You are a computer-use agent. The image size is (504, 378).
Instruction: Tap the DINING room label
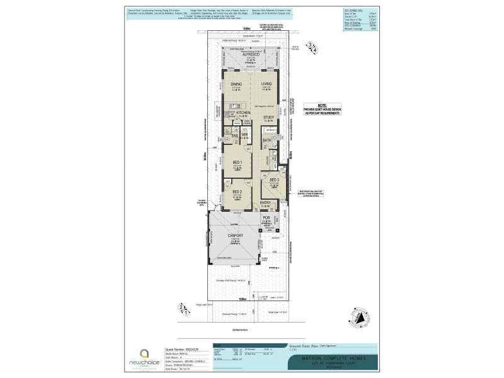236,83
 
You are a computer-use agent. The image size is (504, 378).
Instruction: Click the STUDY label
268,117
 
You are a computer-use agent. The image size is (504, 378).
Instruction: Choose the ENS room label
235,135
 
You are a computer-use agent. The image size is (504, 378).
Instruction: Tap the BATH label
267,140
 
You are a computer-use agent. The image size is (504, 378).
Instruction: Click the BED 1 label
237,163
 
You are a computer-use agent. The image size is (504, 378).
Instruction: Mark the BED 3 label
274,180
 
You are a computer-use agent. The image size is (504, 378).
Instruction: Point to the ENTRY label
266,202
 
